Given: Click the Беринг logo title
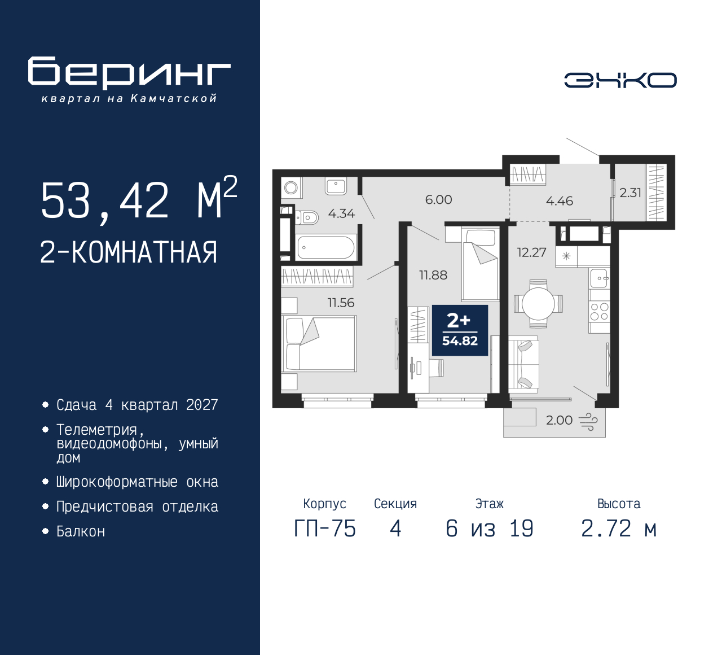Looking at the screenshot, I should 129,72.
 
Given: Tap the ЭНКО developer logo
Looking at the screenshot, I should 620,80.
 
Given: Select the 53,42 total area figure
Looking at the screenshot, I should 105,201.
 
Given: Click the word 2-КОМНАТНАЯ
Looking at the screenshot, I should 129,252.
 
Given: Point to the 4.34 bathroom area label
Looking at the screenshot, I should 341,213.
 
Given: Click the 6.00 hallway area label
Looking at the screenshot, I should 438,200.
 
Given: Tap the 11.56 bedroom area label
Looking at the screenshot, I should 341,303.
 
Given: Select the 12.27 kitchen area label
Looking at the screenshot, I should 531,252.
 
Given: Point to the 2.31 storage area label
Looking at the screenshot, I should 630,193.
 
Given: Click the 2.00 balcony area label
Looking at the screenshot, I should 559,420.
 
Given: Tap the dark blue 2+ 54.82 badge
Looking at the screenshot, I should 460,330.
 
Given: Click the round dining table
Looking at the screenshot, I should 538,304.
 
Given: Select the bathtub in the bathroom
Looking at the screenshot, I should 325,247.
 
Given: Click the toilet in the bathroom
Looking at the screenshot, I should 307,217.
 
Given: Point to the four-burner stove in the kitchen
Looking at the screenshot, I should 599,312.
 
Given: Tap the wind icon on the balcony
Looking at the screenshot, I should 588,421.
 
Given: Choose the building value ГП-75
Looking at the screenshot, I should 325,529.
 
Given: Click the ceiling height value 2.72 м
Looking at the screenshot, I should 619,529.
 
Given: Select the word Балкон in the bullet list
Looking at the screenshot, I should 81,531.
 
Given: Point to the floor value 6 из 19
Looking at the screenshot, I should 489,529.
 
